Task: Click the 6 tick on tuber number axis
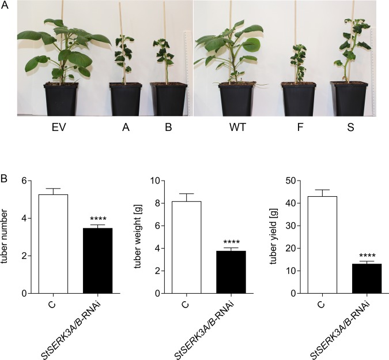click(25, 181)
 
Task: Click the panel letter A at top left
click(5, 5)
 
